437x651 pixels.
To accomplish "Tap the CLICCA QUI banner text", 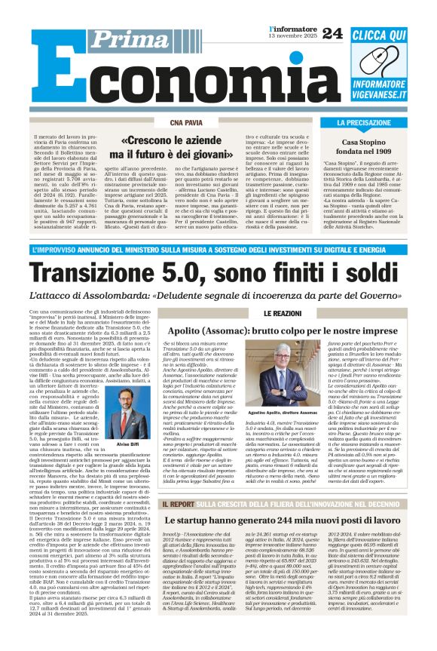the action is click(x=378, y=35).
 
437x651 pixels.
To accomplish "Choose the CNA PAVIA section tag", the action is click(x=186, y=121).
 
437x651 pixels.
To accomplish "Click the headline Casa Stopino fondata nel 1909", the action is click(x=369, y=147).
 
